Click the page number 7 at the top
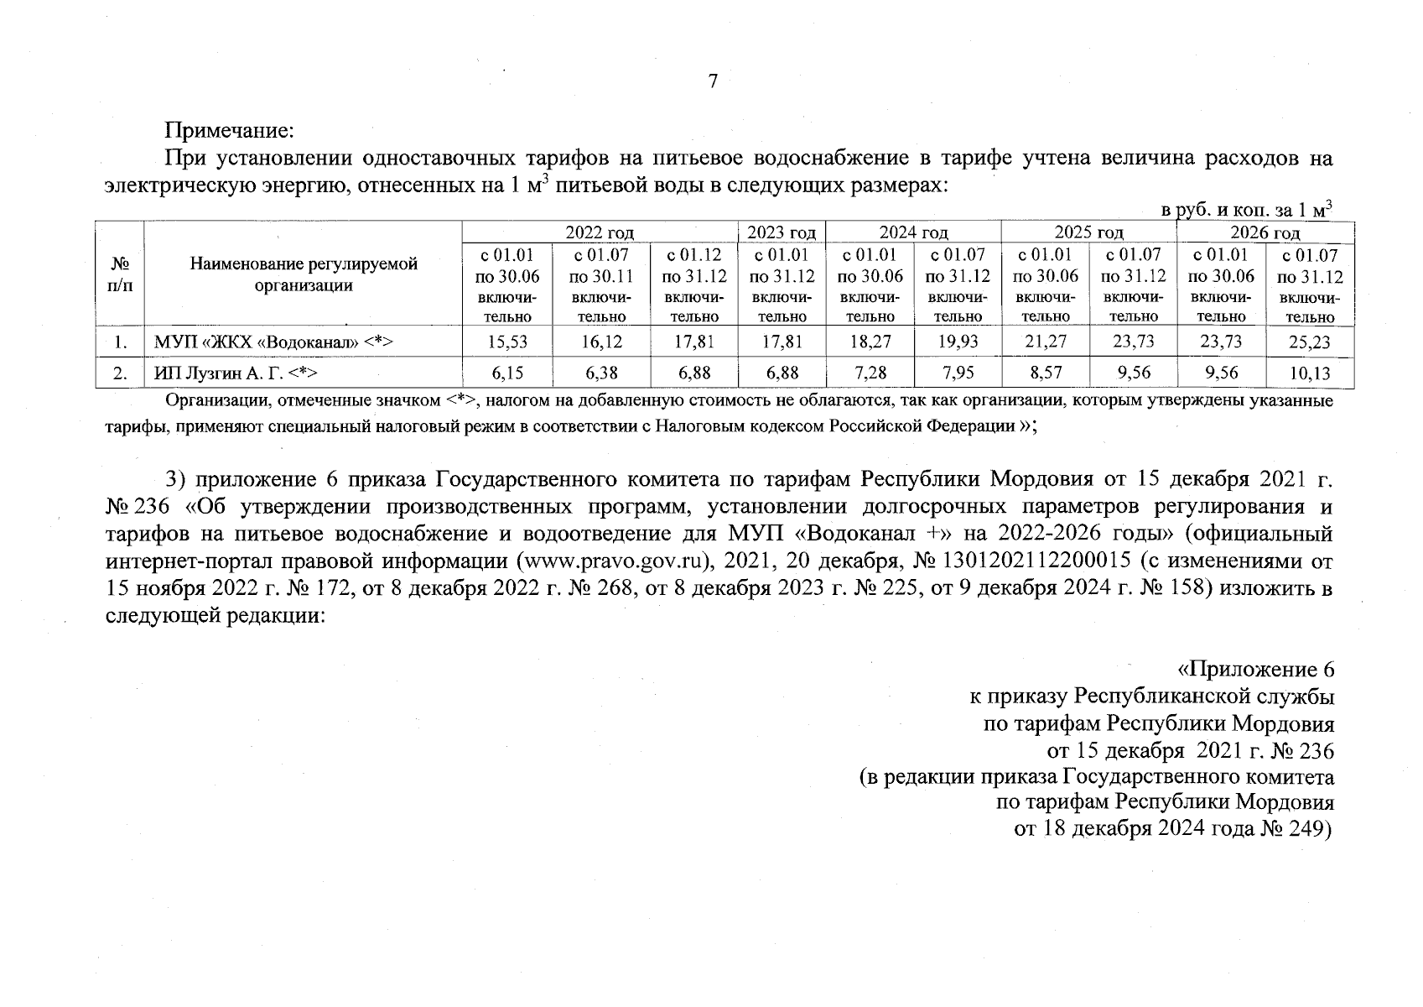click(713, 81)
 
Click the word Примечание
click(229, 131)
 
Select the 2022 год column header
click(599, 232)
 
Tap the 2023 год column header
click(781, 232)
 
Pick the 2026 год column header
click(1265, 232)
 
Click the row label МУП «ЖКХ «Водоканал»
click(273, 342)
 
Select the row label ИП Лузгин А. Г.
click(235, 373)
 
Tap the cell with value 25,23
click(1309, 342)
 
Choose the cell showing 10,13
click(1309, 373)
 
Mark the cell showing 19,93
click(958, 342)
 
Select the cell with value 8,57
click(1045, 373)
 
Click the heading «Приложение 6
click(1255, 670)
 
